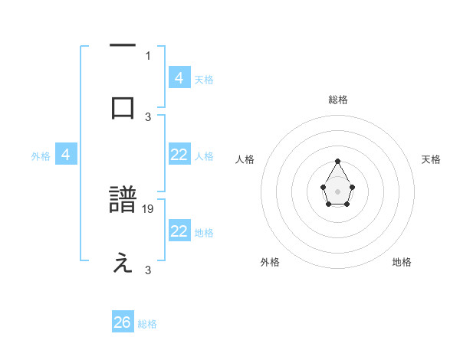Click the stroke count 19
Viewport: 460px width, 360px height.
click(149, 208)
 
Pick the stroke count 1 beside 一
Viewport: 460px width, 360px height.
click(148, 55)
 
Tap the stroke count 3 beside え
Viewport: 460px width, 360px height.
click(148, 270)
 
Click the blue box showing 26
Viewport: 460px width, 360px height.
click(123, 322)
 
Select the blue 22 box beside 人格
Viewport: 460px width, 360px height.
click(179, 155)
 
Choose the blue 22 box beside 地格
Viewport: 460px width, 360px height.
click(179, 231)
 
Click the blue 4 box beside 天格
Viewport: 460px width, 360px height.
click(179, 77)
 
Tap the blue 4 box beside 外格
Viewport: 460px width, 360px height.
click(66, 155)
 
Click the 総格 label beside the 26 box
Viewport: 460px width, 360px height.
click(147, 324)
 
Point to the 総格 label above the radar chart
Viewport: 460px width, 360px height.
click(338, 100)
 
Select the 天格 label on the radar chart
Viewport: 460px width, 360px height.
click(431, 159)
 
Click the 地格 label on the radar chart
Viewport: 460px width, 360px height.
click(402, 262)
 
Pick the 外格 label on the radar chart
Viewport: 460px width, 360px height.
click(270, 262)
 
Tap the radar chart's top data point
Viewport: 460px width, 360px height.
click(338, 161)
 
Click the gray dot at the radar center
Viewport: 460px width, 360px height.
click(338, 191)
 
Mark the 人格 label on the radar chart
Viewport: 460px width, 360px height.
click(245, 159)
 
